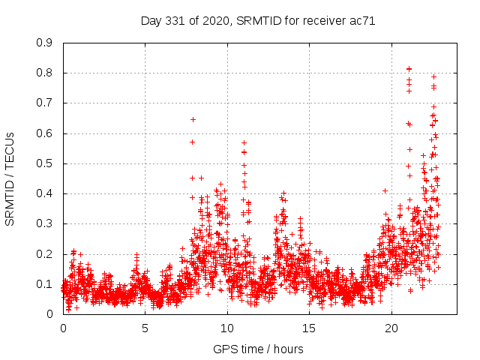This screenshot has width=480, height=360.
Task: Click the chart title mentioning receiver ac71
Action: (x=258, y=20)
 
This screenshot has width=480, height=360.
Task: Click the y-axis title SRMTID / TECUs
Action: (x=10, y=178)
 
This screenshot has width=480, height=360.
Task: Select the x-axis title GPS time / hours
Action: (x=258, y=349)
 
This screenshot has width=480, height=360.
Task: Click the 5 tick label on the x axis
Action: (x=145, y=328)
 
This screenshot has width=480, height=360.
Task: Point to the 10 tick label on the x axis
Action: (x=227, y=328)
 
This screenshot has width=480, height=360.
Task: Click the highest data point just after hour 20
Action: (x=409, y=69)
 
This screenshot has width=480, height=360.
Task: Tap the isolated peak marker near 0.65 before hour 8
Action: (x=193, y=119)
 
